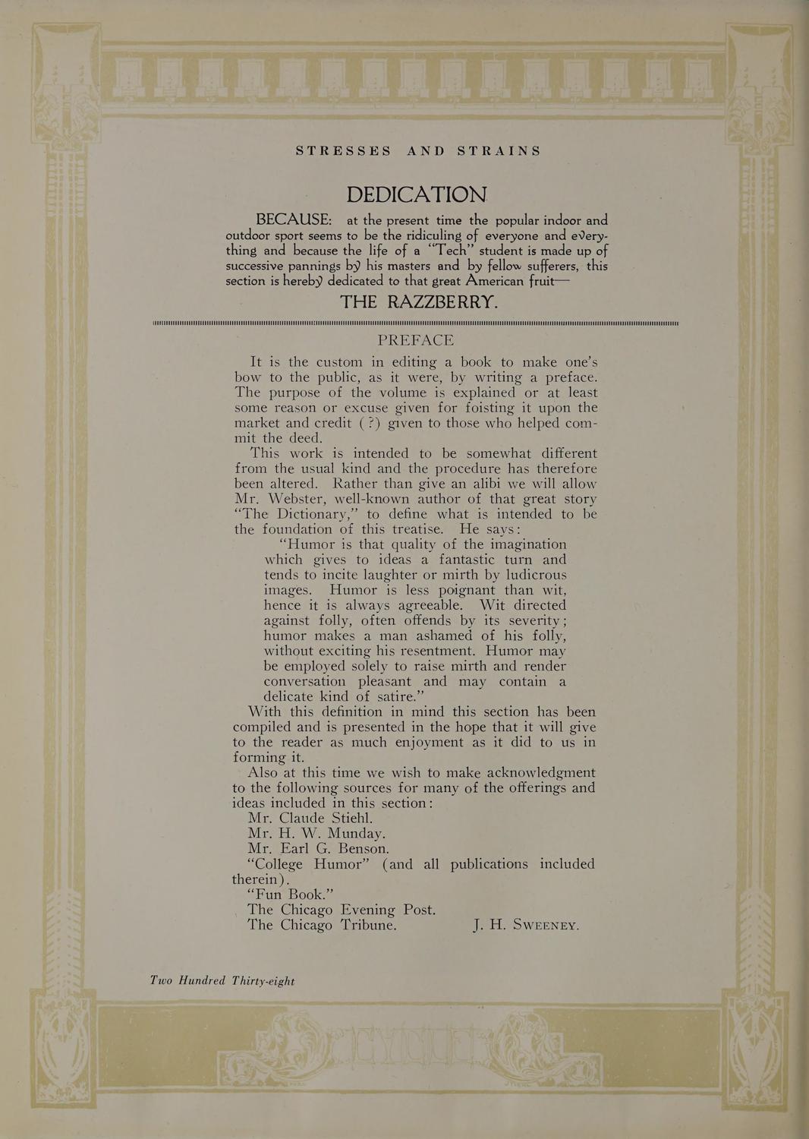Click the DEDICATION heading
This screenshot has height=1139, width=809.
pos(417,195)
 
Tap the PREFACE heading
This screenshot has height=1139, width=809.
pos(416,340)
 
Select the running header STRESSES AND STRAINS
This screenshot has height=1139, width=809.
pos(418,150)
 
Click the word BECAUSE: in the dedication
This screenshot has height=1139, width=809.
pos(294,220)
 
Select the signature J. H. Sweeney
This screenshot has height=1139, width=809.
pos(526,925)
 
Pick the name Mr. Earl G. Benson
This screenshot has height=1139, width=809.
pos(318,848)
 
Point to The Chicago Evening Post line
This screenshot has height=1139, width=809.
pos(342,909)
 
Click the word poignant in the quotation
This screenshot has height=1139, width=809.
pos(457,590)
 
